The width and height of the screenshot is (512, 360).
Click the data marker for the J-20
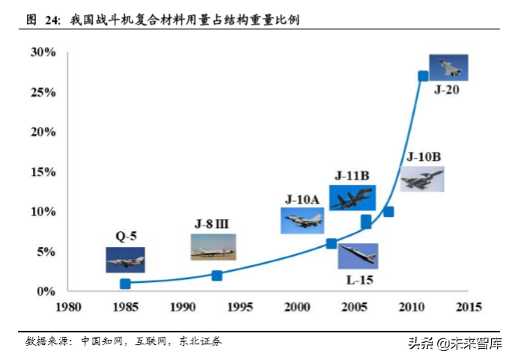(x=423, y=76)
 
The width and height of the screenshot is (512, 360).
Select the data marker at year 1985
(x=125, y=284)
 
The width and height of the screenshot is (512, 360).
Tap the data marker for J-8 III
(x=217, y=275)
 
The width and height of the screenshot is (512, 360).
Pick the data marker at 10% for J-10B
(x=388, y=212)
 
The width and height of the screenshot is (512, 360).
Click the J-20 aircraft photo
(x=448, y=67)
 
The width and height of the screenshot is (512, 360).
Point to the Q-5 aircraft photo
(x=125, y=260)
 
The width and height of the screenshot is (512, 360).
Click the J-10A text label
(x=302, y=199)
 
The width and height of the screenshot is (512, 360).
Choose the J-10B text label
(x=423, y=157)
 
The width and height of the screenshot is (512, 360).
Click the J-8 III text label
(x=213, y=224)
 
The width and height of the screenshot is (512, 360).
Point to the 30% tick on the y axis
(x=43, y=52)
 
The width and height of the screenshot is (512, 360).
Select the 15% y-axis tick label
(x=43, y=172)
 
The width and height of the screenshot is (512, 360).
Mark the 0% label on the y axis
(x=46, y=291)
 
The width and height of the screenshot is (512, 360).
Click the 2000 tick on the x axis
(x=297, y=307)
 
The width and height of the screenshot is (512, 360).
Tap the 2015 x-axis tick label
(x=469, y=307)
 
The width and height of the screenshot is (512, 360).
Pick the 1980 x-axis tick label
(x=68, y=307)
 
